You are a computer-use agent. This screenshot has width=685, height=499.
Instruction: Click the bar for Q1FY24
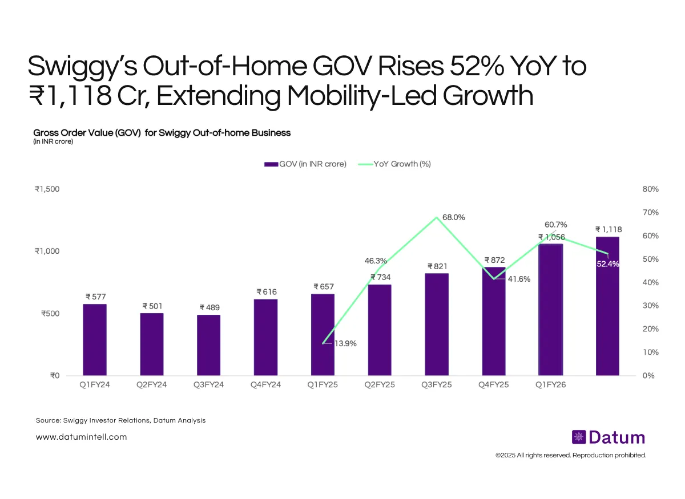[95, 339]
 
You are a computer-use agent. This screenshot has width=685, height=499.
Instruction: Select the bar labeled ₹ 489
[209, 345]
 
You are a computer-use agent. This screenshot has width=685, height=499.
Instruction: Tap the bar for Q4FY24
[266, 337]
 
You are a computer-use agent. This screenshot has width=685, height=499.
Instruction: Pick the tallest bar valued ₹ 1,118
[607, 306]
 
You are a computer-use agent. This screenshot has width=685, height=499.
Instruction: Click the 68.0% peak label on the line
[453, 217]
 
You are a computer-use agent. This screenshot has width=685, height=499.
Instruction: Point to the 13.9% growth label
[345, 343]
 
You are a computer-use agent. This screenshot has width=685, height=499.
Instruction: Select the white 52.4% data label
[607, 264]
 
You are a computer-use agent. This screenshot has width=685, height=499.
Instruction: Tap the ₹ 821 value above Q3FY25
[437, 266]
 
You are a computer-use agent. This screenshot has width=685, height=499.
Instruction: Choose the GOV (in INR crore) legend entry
[305, 164]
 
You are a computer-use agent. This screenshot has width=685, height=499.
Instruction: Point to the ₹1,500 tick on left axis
[47, 189]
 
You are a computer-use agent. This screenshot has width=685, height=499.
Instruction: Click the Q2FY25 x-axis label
[380, 385]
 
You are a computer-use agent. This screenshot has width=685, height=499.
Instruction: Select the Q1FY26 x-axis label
[551, 385]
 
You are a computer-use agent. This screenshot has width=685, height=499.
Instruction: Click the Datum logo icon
[579, 437]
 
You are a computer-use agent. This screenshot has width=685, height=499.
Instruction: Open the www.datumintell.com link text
[81, 437]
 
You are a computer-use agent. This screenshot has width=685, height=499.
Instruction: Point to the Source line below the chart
[120, 420]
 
